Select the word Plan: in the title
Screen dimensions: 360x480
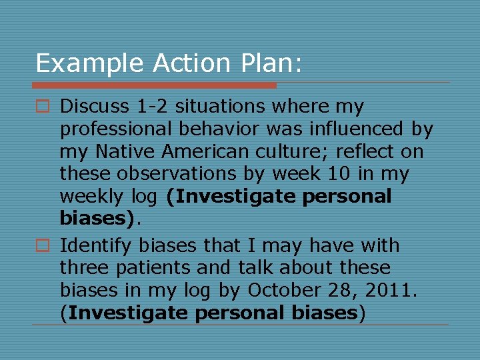(x=271, y=63)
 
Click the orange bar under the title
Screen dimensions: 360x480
(x=154, y=85)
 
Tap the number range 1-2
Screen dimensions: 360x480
(x=149, y=106)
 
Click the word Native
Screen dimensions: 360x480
(x=119, y=151)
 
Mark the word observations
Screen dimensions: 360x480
(x=174, y=174)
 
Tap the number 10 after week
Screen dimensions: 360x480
(x=328, y=174)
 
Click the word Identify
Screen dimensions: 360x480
(x=97, y=245)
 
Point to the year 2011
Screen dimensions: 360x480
(x=393, y=291)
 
